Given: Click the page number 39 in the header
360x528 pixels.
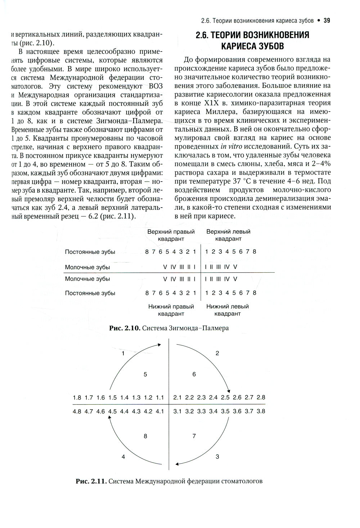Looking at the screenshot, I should [327, 21].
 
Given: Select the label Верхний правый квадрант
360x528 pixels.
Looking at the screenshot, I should [171, 235].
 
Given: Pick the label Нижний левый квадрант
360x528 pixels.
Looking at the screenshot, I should [228, 310].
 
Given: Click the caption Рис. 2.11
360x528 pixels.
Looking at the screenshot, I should [91, 481].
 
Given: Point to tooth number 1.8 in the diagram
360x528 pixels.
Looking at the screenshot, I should [77, 397].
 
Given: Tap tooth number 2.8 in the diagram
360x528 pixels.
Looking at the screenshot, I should [261, 397].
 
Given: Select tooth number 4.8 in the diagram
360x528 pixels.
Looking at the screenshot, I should [77, 411].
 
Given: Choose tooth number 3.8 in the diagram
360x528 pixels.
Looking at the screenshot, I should [261, 411].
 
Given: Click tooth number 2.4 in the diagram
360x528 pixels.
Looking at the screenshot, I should [213, 397].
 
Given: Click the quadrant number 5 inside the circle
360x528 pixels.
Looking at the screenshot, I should [145, 374].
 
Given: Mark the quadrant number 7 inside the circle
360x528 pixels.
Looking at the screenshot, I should [194, 436].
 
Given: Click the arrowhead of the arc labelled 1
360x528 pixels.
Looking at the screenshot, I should [159, 345].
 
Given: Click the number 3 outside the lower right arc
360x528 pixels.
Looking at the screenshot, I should [217, 457].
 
